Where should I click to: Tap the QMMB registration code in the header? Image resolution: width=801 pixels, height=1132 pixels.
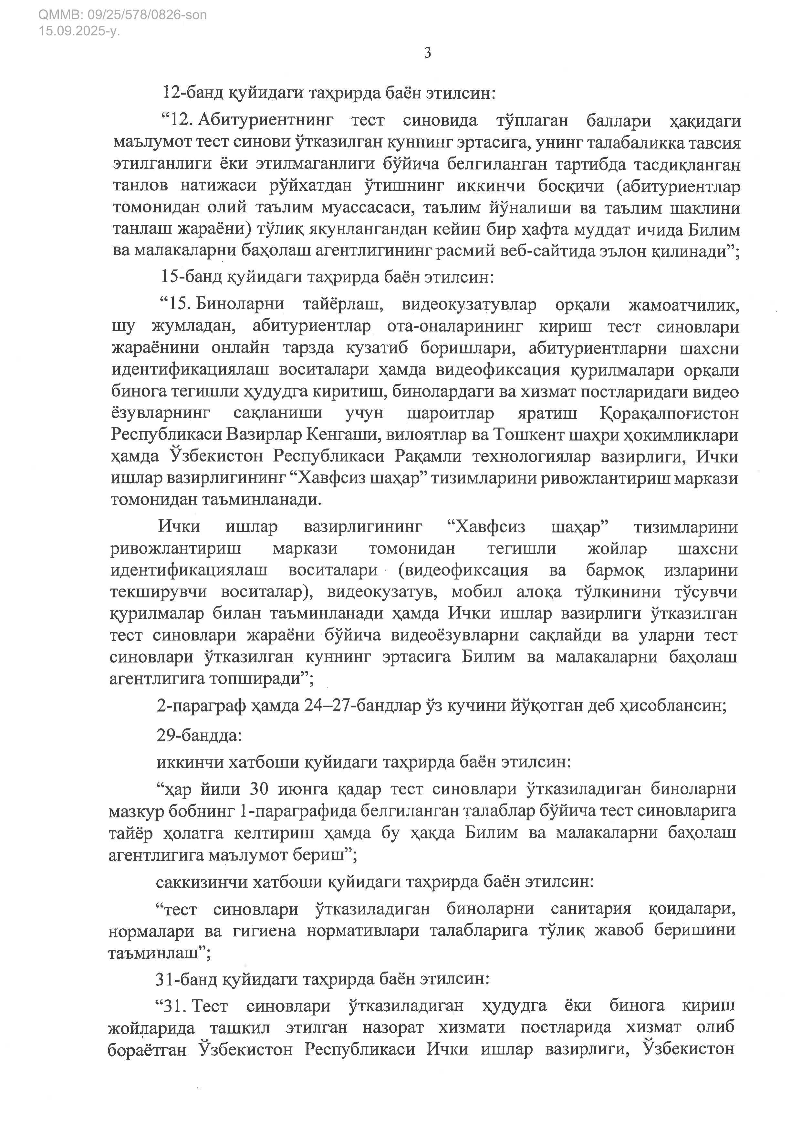122,15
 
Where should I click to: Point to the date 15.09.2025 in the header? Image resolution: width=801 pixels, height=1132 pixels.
79,31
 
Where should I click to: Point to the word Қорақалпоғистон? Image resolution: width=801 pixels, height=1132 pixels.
669,413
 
